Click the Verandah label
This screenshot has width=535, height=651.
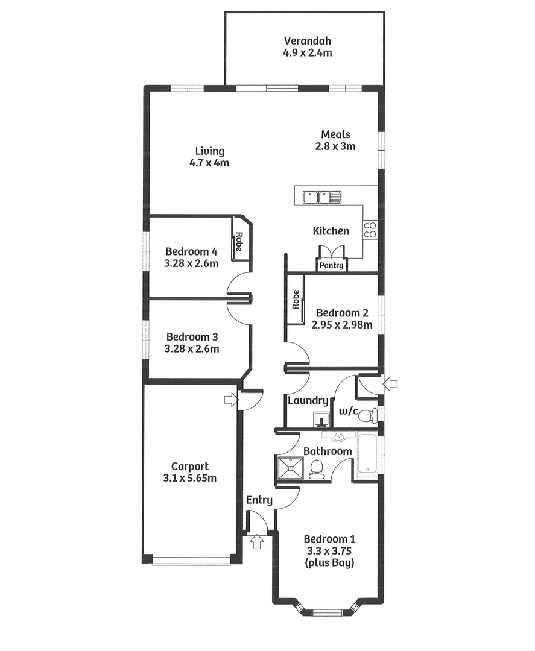(x=308, y=42)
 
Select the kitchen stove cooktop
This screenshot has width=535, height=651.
(x=370, y=229)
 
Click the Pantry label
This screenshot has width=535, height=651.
(x=331, y=265)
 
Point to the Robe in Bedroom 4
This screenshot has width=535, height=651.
(x=239, y=242)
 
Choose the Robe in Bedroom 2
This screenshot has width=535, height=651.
(x=296, y=300)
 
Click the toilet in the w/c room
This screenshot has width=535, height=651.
(x=373, y=414)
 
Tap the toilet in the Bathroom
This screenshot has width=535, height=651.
(x=316, y=469)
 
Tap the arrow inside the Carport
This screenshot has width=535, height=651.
(x=230, y=399)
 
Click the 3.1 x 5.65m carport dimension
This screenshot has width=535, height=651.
(x=190, y=478)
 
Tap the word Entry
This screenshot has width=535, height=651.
(x=259, y=500)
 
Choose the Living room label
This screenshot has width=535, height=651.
(x=209, y=151)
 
